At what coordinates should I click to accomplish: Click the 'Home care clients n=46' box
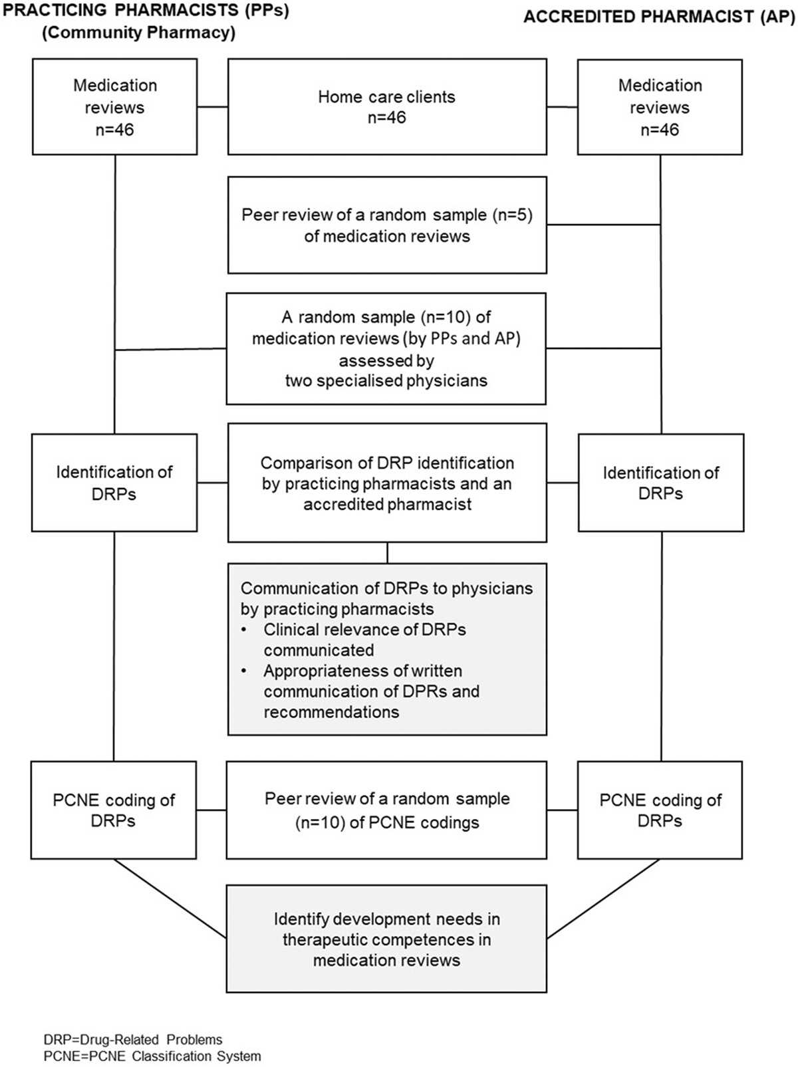tap(387, 107)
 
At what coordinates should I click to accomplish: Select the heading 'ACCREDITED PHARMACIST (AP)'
tap(660, 17)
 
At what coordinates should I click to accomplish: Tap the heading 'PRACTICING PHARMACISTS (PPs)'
tap(146, 11)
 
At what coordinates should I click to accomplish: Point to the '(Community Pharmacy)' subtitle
tap(138, 33)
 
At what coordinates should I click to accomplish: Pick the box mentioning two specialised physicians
tap(386, 348)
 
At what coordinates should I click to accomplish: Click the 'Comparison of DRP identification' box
tap(387, 483)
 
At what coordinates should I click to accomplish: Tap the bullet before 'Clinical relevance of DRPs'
tap(243, 630)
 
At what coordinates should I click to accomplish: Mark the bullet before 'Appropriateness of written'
tap(243, 671)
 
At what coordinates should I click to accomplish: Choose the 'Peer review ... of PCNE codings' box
tap(386, 810)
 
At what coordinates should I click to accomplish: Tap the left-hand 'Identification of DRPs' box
tap(114, 483)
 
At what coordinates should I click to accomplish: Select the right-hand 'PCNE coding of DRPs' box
tap(660, 810)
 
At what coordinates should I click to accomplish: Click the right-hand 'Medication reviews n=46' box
tap(660, 107)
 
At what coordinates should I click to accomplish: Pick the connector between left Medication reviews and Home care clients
tap(213, 106)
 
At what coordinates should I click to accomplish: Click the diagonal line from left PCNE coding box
tap(170, 898)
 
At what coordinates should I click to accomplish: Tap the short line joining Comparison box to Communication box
tap(387, 552)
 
